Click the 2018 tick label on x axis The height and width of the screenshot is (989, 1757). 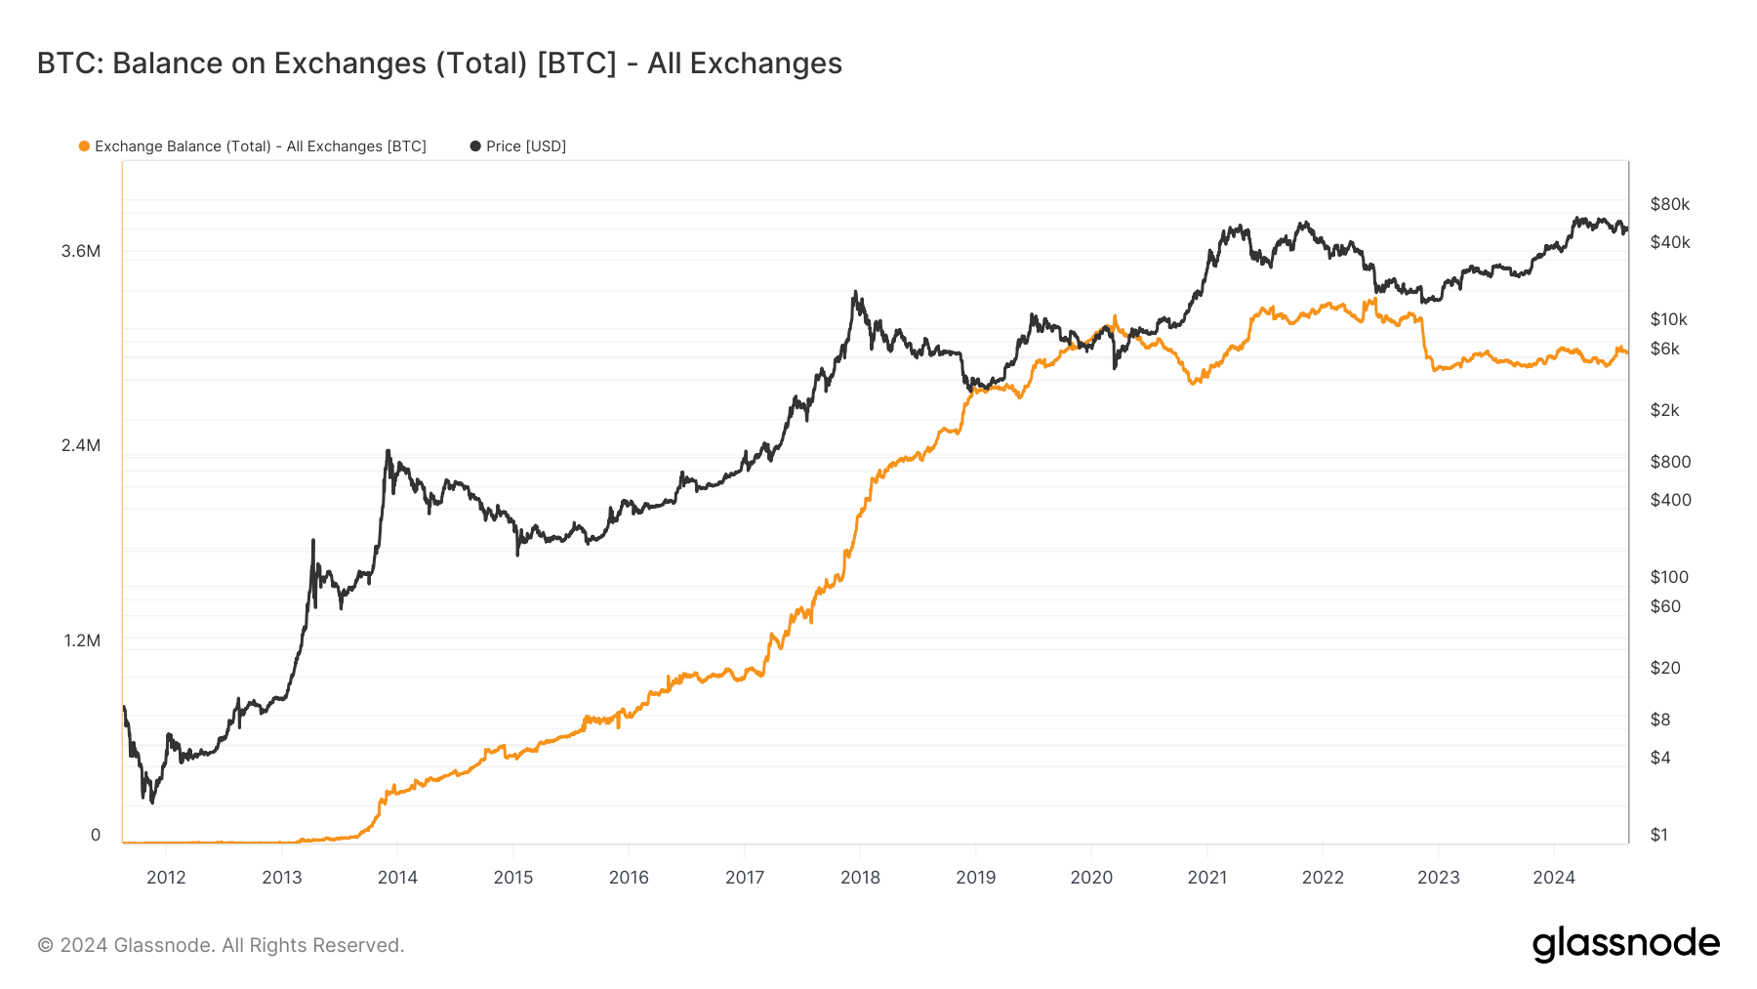(860, 877)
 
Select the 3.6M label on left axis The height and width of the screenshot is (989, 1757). (81, 251)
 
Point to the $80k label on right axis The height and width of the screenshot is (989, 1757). (1669, 204)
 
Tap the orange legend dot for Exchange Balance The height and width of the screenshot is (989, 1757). (84, 146)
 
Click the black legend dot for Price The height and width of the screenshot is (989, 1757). (475, 146)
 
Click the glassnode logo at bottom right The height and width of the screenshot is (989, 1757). (1625, 944)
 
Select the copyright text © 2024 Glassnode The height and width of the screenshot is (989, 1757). (221, 945)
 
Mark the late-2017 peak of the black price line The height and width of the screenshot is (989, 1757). (855, 292)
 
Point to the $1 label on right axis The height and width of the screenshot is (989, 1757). (1658, 835)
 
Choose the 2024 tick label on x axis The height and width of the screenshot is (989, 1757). (1553, 877)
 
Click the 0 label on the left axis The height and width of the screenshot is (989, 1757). (96, 835)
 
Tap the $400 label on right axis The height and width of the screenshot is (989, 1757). (1670, 500)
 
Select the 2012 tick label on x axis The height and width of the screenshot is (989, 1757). (166, 877)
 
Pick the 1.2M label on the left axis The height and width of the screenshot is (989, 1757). (82, 640)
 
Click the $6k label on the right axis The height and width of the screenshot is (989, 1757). (1664, 349)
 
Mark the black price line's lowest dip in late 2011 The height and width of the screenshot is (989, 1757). (152, 802)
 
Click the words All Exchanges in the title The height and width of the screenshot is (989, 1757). (744, 63)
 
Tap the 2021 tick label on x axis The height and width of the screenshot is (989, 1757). (1206, 877)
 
